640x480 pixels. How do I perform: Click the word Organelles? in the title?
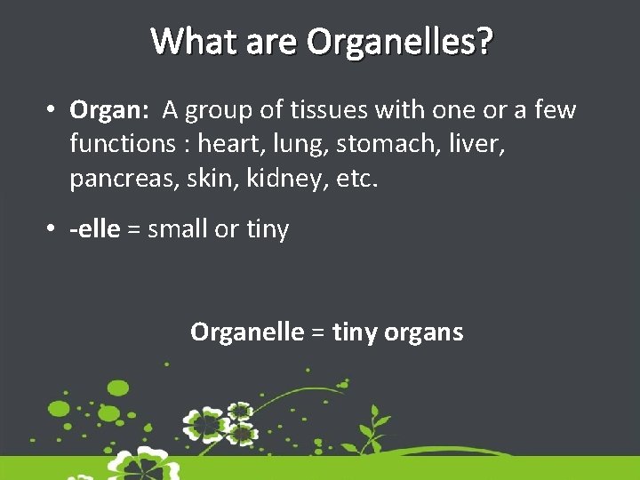(399, 42)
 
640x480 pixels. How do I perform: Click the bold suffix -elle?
(94, 229)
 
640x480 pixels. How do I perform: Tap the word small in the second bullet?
(178, 229)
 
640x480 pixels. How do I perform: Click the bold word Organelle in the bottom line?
(247, 332)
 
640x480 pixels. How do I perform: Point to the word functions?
(126, 144)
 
